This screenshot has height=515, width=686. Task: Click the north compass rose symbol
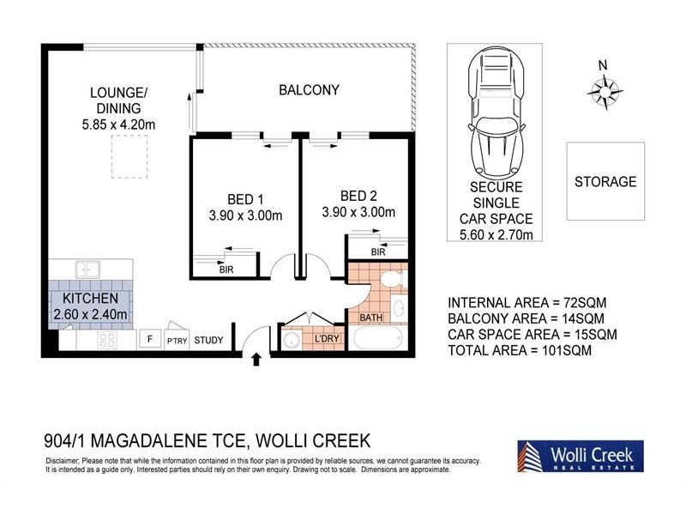[606, 89]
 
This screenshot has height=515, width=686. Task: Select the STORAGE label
[605, 182]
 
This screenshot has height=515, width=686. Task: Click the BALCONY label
[309, 89]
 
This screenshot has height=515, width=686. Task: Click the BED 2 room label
[358, 195]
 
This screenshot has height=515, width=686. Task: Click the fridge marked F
[150, 340]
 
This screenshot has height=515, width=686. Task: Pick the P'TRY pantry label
[178, 341]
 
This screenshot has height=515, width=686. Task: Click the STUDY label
[208, 341]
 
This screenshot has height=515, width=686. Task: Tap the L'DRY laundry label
[327, 340]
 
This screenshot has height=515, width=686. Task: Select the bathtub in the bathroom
[378, 338]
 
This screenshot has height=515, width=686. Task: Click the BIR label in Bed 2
[377, 252]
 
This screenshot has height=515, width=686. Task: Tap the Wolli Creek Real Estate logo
[580, 456]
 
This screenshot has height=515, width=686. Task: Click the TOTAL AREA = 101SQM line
[520, 350]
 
